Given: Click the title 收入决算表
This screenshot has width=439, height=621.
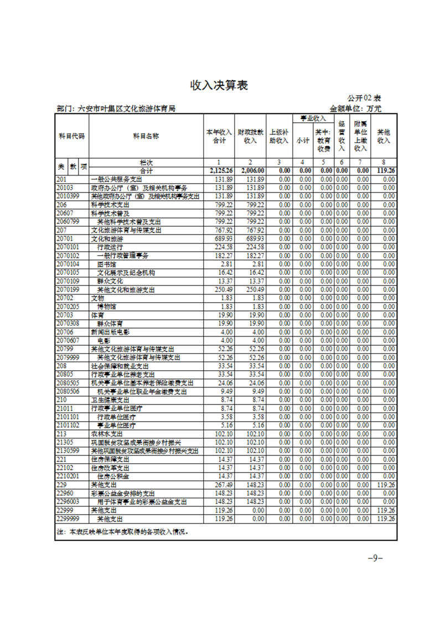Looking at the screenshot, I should point(219,85).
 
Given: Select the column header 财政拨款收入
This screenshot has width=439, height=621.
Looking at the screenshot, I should point(250,136).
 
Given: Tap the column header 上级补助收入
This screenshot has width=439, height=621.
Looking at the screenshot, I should point(279,136).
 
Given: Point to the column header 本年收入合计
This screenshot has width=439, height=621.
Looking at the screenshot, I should point(219,136).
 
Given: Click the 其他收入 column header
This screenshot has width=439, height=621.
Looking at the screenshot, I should point(383,136).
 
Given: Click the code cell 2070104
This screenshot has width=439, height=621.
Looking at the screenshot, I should point(69,264).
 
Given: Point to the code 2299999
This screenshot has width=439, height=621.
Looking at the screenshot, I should point(69,519).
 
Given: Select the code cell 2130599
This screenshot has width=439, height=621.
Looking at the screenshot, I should point(69,451).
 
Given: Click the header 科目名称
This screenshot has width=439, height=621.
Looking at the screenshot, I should point(146,136).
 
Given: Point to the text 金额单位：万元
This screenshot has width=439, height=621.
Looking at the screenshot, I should point(355,109).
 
